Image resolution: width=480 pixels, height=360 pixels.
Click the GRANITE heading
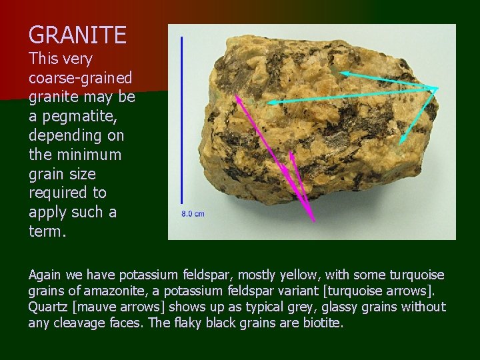[77, 35]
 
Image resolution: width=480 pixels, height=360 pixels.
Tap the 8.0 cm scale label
[193, 213]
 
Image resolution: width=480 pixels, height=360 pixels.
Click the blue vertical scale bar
[182, 120]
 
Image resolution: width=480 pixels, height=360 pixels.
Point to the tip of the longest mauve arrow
[235, 95]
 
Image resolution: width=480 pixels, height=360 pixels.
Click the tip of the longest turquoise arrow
[269, 103]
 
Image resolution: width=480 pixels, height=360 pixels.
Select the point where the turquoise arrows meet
[437, 88]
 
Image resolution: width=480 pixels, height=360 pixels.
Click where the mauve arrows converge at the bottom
[313, 221]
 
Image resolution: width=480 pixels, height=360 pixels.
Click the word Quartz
[49, 307]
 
